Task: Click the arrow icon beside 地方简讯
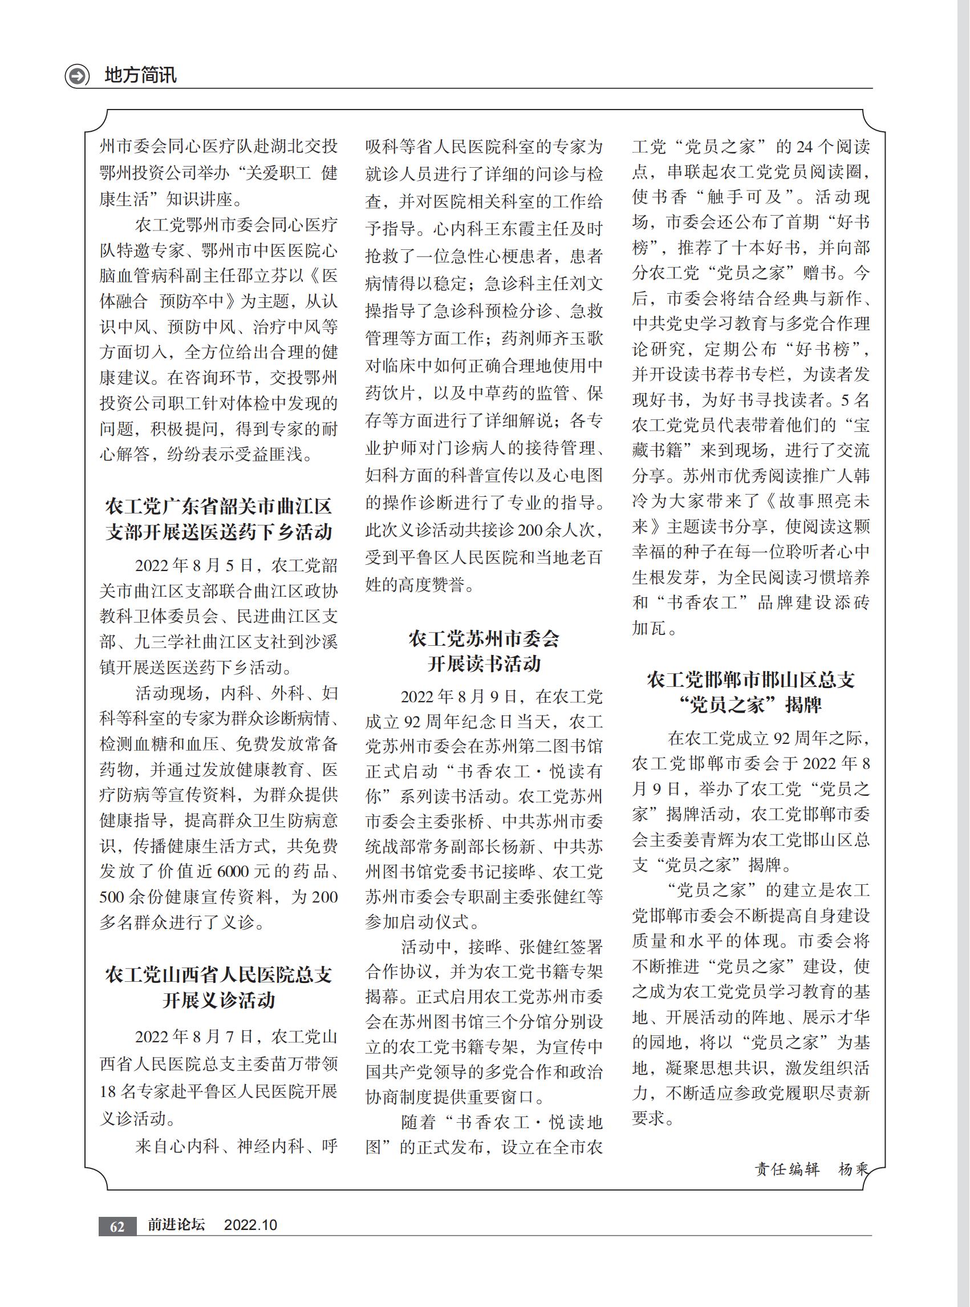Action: tap(77, 76)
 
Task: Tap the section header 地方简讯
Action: tap(140, 75)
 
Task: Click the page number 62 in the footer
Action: tap(117, 1226)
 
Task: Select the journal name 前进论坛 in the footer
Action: tap(176, 1225)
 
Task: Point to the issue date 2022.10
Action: tap(250, 1225)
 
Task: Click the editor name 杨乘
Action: tap(852, 1169)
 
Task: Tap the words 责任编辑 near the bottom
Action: tap(786, 1169)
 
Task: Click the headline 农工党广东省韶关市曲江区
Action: tap(218, 506)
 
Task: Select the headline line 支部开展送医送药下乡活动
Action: tap(218, 532)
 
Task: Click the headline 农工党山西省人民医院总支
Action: tap(218, 974)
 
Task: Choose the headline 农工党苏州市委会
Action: tap(484, 638)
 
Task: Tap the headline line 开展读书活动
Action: tap(484, 664)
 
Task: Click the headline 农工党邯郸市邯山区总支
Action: tap(750, 679)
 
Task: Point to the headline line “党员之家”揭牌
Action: tap(750, 705)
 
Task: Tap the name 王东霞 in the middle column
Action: tap(502, 229)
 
